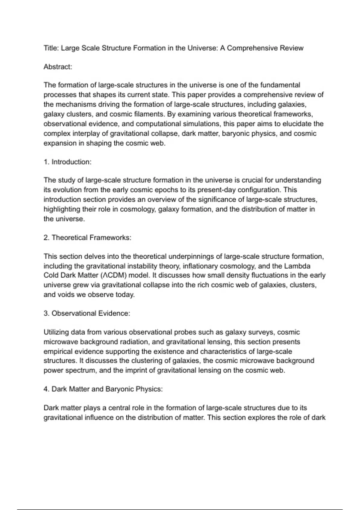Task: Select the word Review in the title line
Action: (292, 48)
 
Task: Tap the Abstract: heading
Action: (58, 67)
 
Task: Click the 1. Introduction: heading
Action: (67, 162)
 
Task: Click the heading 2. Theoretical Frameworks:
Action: (87, 238)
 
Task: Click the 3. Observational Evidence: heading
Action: (87, 313)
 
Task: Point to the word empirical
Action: (58, 351)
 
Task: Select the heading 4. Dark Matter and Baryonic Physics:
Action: (103, 389)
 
